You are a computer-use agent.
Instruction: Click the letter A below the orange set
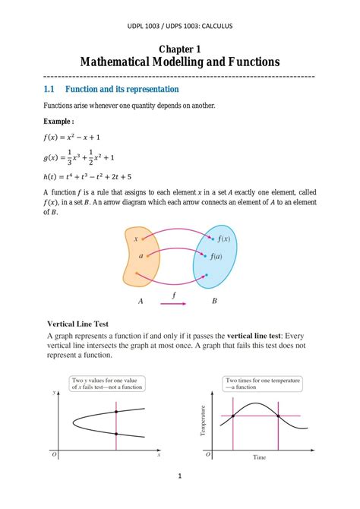point(141,302)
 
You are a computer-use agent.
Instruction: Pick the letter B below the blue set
point(215,302)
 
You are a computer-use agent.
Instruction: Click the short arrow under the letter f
point(175,304)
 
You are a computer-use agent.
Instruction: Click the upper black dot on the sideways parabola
point(115,412)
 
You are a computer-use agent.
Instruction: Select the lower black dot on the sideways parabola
point(115,434)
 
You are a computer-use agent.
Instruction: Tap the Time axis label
point(259,457)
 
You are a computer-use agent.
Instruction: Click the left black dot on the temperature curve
point(232,416)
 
